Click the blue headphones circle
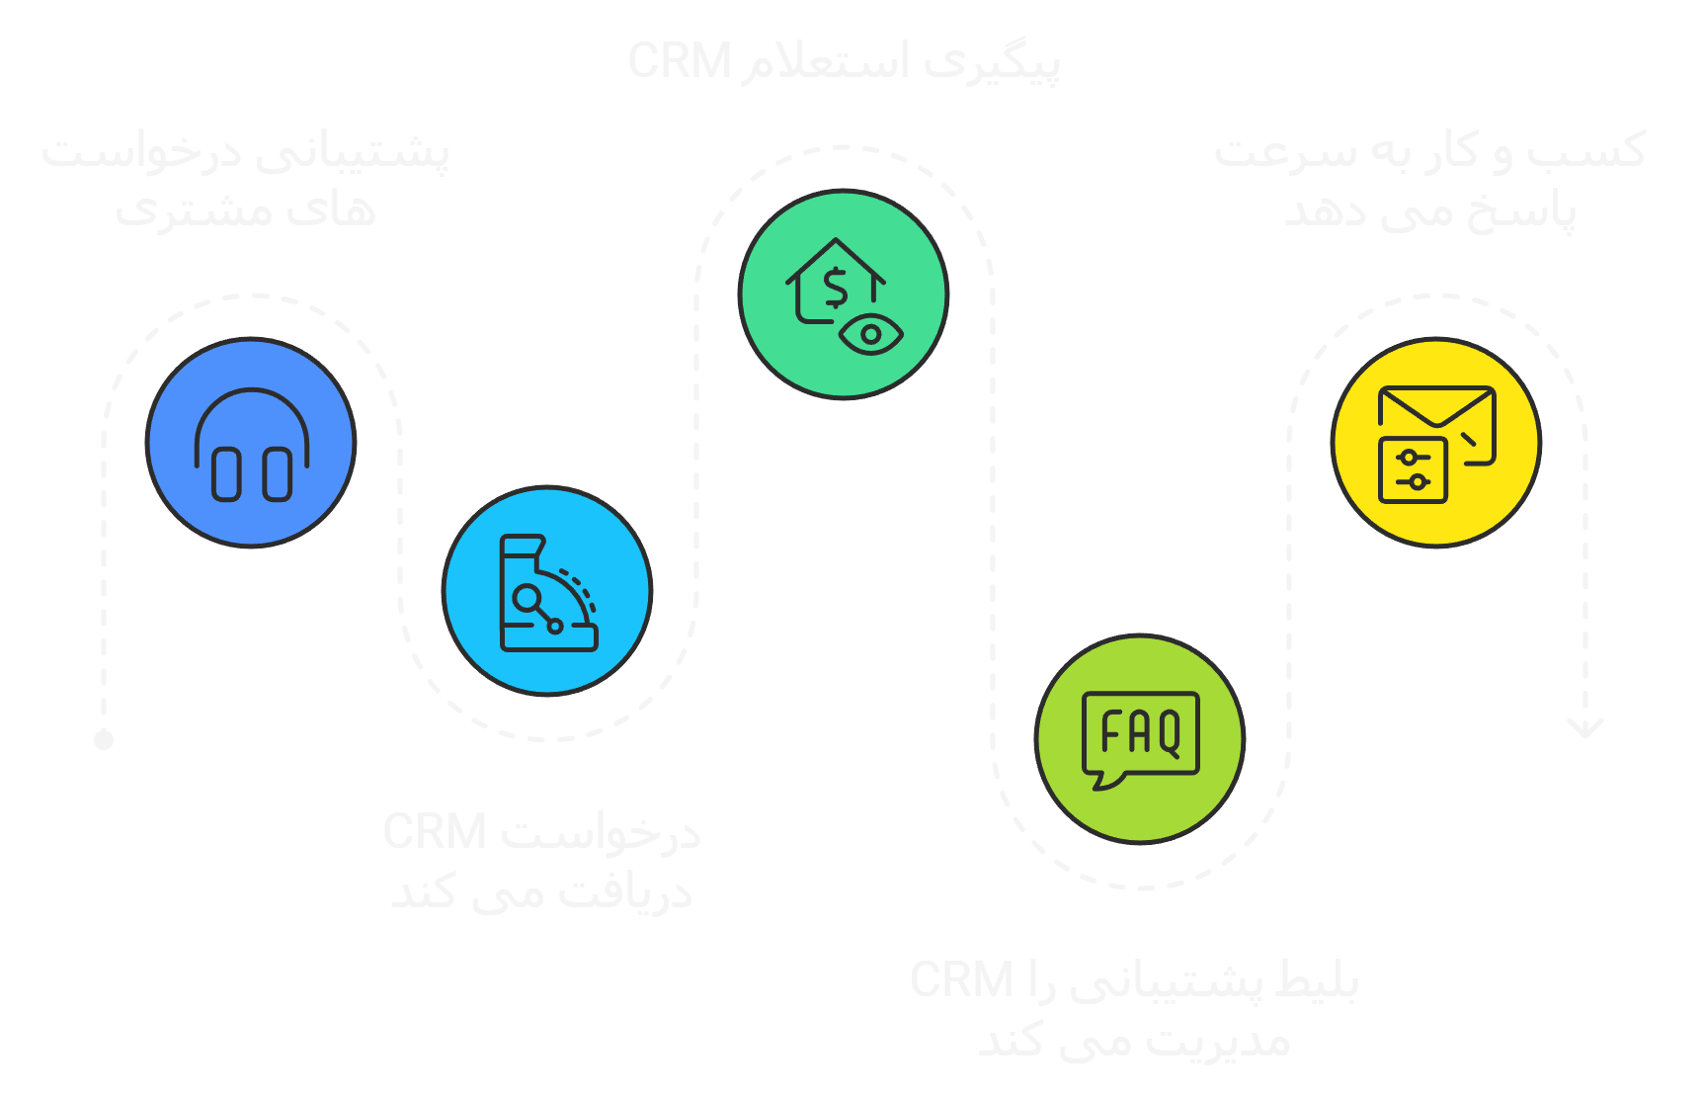click(x=251, y=442)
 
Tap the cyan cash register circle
click(x=547, y=590)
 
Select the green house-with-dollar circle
click(x=844, y=294)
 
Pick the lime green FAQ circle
click(x=1140, y=738)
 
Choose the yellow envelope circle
click(x=1436, y=442)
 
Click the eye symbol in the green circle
click(x=870, y=334)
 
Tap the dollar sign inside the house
click(x=836, y=289)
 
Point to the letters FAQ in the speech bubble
click(x=1141, y=732)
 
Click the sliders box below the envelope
click(x=1413, y=469)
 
